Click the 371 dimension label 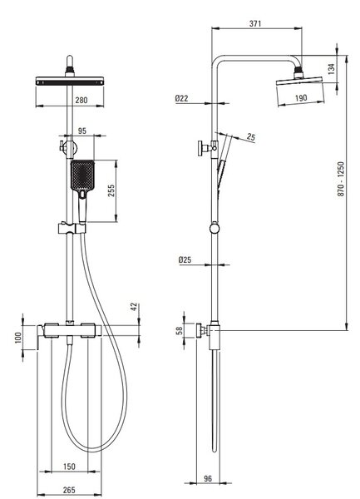pos(255,23)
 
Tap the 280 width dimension pos(81,101)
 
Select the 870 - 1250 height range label pos(341,179)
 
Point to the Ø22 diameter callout pos(181,98)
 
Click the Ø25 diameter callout pos(185,259)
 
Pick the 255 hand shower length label pos(111,190)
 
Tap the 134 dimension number pos(331,69)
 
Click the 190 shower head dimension pos(301,97)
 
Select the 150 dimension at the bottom pos(69,467)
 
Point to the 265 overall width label pos(69,490)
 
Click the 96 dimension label pos(207,478)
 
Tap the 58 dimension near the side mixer pos(180,330)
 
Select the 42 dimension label pos(134,307)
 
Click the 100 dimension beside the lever pos(18,338)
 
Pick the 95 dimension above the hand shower pos(81,131)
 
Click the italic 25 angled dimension pos(251,137)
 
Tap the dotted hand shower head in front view pos(82,175)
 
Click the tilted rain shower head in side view pos(299,81)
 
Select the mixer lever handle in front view pos(40,337)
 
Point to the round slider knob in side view pos(215,229)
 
